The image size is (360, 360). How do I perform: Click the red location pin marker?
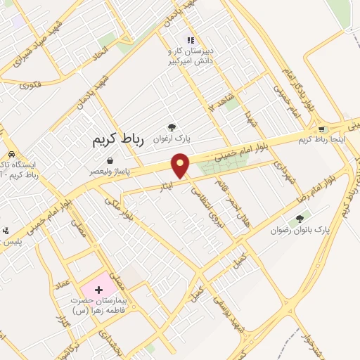point(181,165)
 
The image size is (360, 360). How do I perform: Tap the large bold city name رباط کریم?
point(117,139)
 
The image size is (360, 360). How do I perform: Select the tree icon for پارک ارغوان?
point(172,127)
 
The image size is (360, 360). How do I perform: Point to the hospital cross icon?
point(98,290)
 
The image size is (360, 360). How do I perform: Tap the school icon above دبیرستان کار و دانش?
point(190,40)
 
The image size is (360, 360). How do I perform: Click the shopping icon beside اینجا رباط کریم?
point(323,129)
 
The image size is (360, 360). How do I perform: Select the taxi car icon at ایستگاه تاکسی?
point(11,154)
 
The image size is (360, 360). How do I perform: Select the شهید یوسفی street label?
point(238,305)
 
